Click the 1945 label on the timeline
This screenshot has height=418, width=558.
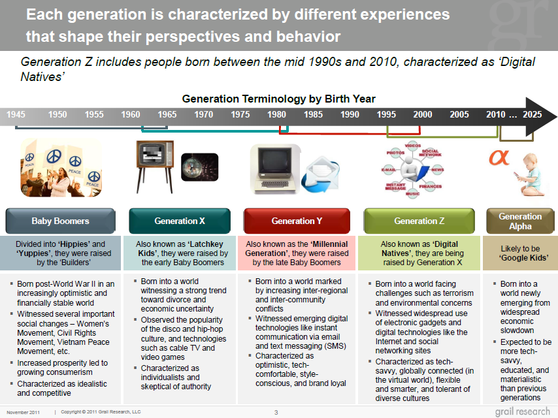point(16,114)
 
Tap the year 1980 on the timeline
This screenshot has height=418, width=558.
point(276,114)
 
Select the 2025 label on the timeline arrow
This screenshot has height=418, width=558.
point(532,114)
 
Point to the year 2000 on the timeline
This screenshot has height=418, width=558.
point(422,114)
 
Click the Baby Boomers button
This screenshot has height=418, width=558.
point(61,221)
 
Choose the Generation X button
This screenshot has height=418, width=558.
point(180,221)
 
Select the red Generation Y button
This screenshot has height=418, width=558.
point(297,221)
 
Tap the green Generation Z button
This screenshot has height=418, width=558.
point(419,221)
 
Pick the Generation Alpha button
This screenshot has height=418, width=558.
point(520,221)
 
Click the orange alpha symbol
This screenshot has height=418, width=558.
point(499,157)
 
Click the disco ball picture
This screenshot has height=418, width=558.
point(200,167)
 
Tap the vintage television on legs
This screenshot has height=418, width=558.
point(155,167)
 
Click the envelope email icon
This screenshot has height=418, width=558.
point(321,175)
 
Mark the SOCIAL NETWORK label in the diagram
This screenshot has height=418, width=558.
point(430,153)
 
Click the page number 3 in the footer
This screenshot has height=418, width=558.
point(276,412)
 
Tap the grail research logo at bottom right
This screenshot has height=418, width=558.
point(523,411)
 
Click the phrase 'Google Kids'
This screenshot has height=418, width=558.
point(523,257)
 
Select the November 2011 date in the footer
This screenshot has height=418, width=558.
point(23,412)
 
